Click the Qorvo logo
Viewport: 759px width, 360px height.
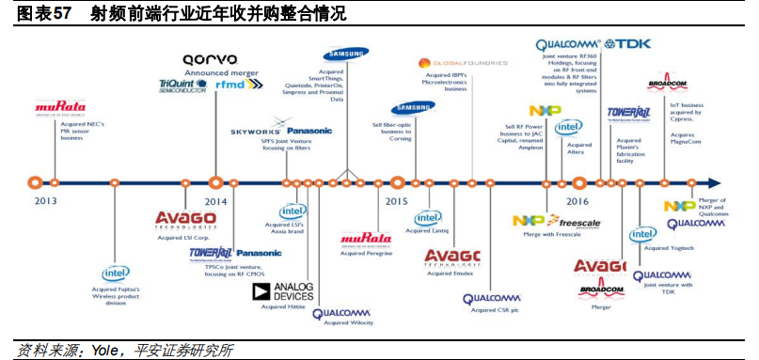point(211,58)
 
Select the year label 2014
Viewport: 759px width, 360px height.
point(215,201)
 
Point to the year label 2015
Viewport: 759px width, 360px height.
point(396,201)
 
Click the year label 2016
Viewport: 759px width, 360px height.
point(578,201)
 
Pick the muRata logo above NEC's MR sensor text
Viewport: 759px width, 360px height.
point(60,107)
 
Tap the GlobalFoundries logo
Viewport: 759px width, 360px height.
point(464,62)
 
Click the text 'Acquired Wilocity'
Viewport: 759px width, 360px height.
point(343,322)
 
